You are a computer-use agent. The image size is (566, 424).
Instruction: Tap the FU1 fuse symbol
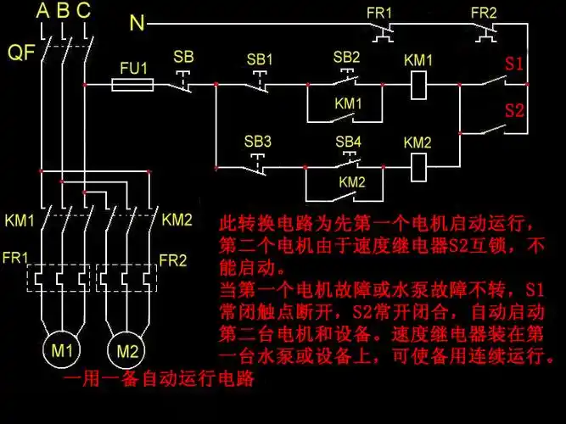pos(133,84)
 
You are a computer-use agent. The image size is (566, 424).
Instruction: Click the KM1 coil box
pos(417,84)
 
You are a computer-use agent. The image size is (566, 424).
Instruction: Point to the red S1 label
pos(514,64)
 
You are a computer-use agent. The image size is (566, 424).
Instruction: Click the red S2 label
pos(514,109)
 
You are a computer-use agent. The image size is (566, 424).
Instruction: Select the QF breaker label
pos(21,53)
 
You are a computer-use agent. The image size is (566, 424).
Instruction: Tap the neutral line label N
pos(137,23)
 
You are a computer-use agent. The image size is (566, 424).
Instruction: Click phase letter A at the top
pos(43,11)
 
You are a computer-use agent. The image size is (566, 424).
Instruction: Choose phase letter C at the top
pos(82,11)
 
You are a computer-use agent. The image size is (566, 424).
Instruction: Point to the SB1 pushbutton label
pos(260,60)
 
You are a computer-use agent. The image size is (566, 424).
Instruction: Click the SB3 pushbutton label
pos(258,141)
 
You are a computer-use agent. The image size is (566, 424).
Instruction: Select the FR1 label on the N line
pos(378,13)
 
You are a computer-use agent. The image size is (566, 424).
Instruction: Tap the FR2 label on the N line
pos(484,13)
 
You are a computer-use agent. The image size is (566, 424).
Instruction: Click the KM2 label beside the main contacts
pos(177,220)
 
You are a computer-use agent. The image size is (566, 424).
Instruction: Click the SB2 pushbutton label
pos(346,57)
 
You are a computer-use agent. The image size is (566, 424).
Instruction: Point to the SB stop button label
pos(183,57)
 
